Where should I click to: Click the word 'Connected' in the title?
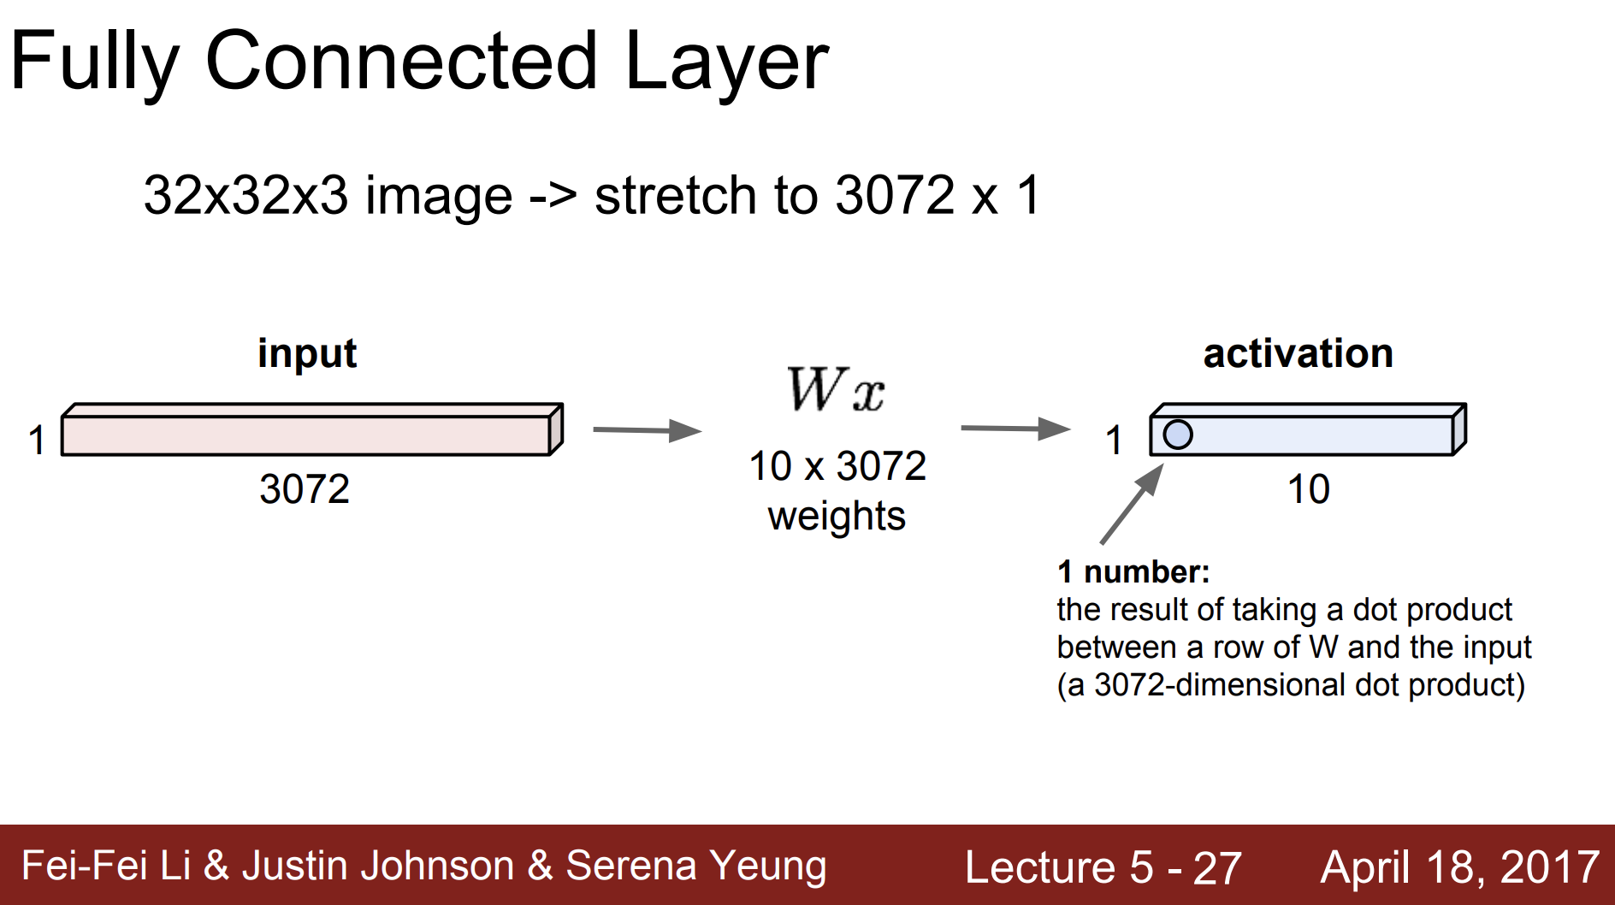[x=401, y=61]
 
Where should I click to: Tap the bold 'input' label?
[x=307, y=353]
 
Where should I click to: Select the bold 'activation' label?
[x=1298, y=353]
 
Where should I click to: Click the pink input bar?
[x=312, y=429]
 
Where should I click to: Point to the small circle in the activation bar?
[x=1178, y=435]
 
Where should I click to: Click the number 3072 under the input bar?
[x=305, y=489]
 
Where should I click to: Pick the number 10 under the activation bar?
[x=1309, y=489]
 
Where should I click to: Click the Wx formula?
[x=836, y=389]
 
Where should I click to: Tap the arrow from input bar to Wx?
[x=648, y=430]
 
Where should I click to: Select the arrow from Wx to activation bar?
[x=1016, y=428]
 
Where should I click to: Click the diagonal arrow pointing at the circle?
[x=1133, y=504]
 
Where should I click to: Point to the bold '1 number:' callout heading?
[x=1133, y=571]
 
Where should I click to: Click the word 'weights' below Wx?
[x=837, y=517]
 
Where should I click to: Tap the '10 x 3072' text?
[x=837, y=466]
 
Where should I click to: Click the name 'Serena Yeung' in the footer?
[x=696, y=866]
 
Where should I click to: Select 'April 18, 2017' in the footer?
[x=1460, y=867]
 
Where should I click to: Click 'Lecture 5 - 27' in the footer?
[x=1103, y=867]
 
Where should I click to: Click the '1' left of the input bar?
[x=36, y=441]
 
